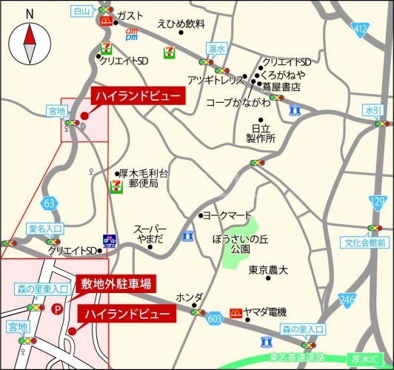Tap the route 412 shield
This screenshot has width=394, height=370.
(x=360, y=29)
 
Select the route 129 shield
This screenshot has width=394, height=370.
(x=378, y=201)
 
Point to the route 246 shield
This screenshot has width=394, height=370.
(x=347, y=299)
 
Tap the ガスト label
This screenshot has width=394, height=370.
(x=130, y=16)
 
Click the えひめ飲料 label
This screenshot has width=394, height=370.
(x=181, y=24)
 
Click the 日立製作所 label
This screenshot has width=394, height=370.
(x=261, y=132)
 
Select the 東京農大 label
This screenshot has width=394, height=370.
(x=268, y=270)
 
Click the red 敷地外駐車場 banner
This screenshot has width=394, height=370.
(x=116, y=283)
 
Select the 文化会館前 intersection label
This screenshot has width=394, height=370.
(x=367, y=242)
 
